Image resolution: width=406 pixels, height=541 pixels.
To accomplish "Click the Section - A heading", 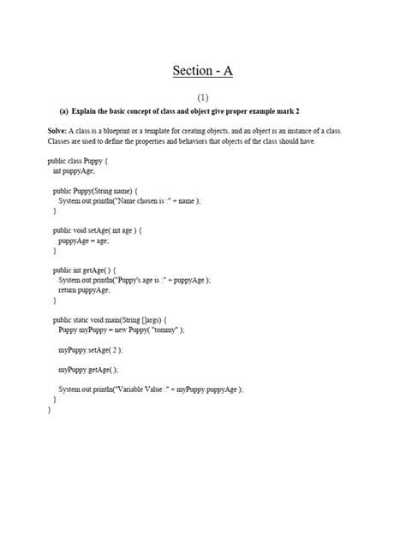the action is pos(202,70).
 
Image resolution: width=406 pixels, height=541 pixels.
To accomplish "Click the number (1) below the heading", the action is pos(202,98).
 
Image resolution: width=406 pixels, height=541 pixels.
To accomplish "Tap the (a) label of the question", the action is pos(63,111).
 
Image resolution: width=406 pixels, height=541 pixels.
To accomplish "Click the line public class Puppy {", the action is pos(78,160).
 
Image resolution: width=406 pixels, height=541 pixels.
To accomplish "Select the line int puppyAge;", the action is pos(74,170).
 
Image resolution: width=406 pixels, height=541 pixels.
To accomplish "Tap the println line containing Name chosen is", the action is pos(128,200).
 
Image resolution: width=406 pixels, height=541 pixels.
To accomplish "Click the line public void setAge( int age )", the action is pos(97,230).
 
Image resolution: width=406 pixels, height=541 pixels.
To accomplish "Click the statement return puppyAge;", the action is pos(84,290).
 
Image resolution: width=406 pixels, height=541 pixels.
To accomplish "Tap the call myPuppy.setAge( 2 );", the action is pos(91,350).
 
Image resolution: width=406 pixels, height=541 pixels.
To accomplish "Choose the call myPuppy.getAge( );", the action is pos(89,370).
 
